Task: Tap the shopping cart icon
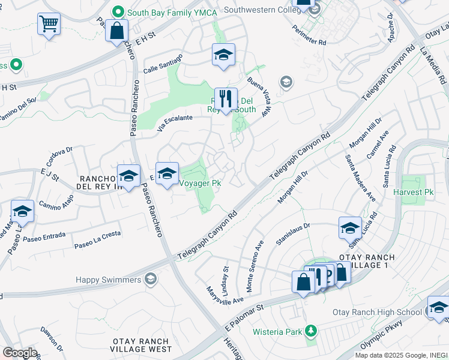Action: click(49, 25)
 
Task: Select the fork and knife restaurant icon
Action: click(226, 99)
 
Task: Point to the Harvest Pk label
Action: click(413, 193)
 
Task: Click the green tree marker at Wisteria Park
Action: click(310, 330)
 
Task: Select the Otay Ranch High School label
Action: click(377, 312)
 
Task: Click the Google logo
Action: click(20, 353)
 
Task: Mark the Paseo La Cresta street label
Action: click(97, 239)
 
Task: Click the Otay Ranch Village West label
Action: click(142, 345)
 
